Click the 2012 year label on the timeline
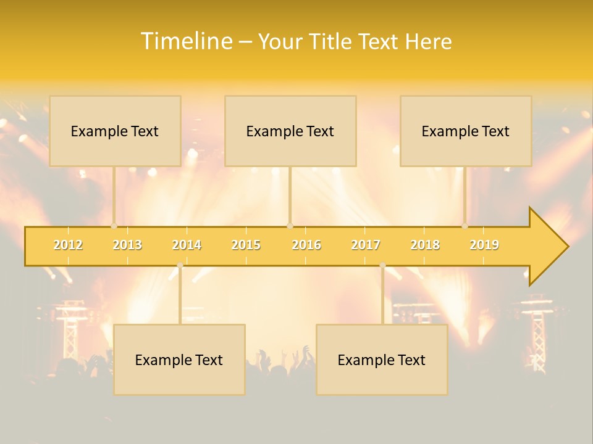pos(68,245)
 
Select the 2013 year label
pos(127,245)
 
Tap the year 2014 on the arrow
pos(187,245)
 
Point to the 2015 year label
pos(246,245)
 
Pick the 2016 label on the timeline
pos(306,245)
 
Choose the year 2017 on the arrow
pos(366,245)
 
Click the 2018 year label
pos(425,245)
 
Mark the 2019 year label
pos(484,245)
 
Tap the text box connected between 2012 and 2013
pos(115,131)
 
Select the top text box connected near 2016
pos(290,131)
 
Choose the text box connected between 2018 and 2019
pos(466,131)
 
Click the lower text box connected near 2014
pos(179,360)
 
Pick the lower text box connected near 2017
pos(382,360)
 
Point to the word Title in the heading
pos(333,41)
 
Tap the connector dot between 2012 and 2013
pos(114,226)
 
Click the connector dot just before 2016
pos(290,226)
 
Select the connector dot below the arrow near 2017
pos(382,265)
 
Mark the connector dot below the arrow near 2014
pos(180,265)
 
